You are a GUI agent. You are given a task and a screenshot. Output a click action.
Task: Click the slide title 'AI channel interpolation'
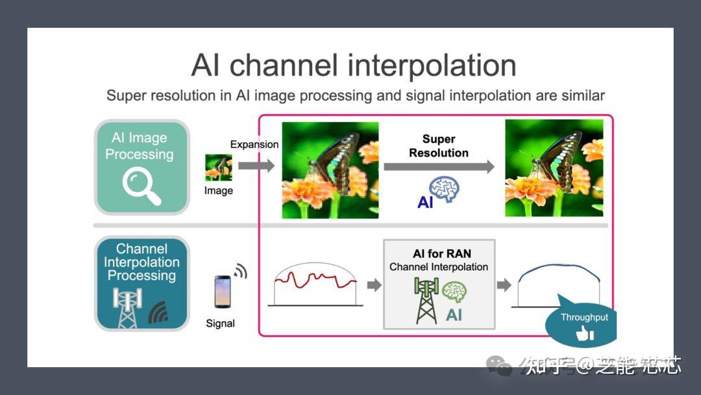pyautogui.click(x=354, y=66)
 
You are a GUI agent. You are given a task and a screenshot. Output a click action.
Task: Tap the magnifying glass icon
pyautogui.click(x=141, y=186)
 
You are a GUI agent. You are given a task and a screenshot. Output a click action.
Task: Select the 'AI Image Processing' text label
pyautogui.click(x=140, y=146)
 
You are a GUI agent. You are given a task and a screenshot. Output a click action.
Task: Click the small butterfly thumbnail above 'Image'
pyautogui.click(x=218, y=167)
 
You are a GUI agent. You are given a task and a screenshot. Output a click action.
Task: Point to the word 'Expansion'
pyautogui.click(x=254, y=144)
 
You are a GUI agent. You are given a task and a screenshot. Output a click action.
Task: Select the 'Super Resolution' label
pyautogui.click(x=439, y=146)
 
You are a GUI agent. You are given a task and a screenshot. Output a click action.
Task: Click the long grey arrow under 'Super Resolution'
pyautogui.click(x=439, y=167)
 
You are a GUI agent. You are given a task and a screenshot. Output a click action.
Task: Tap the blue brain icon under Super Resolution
pyautogui.click(x=445, y=189)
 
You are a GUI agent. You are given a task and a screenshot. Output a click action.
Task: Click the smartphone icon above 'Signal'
pyautogui.click(x=222, y=292)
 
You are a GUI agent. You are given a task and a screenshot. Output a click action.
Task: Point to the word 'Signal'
pyautogui.click(x=220, y=324)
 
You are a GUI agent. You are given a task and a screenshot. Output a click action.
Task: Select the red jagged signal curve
pyautogui.click(x=315, y=280)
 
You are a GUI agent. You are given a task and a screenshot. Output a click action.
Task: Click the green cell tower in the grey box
pyautogui.click(x=426, y=300)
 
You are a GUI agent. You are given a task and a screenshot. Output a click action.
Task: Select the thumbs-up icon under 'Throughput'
pyautogui.click(x=585, y=335)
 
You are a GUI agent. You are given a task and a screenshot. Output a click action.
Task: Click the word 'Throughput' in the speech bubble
pyautogui.click(x=584, y=318)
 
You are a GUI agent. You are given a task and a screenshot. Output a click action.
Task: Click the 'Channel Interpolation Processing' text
pyautogui.click(x=141, y=262)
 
